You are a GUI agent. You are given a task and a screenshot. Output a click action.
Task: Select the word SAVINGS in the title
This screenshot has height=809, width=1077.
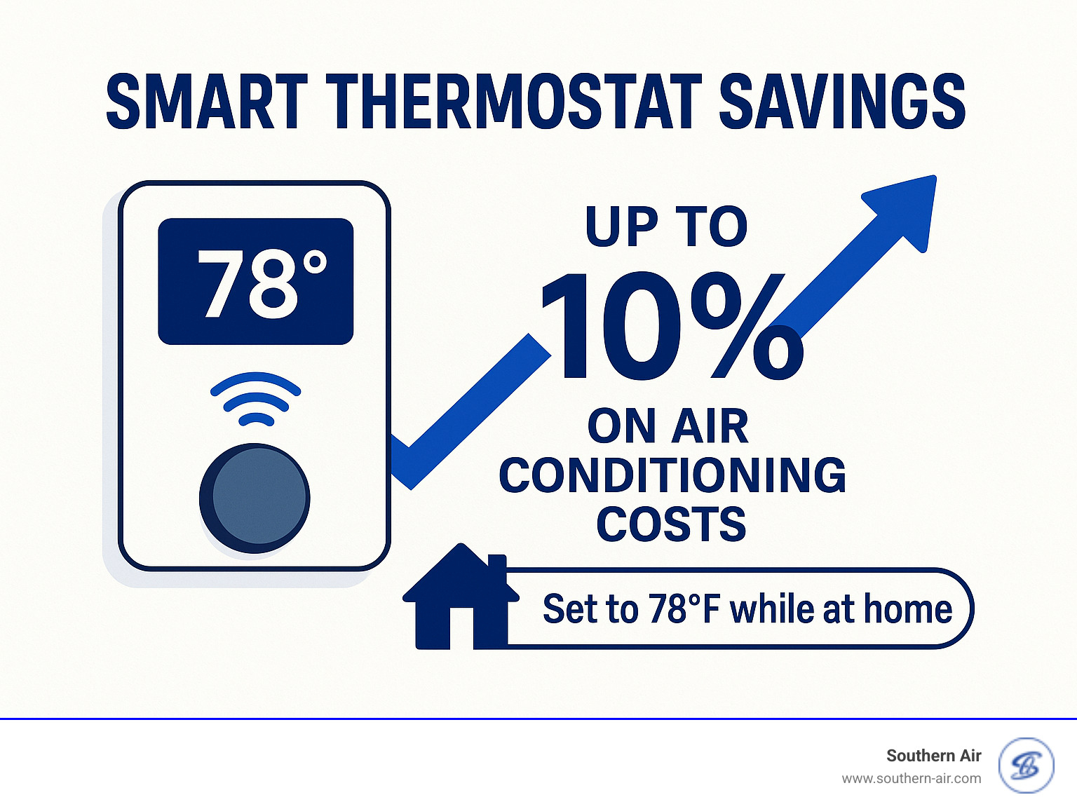pyautogui.click(x=842, y=103)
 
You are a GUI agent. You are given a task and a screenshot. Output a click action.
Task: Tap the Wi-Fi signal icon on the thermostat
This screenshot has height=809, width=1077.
pyautogui.click(x=256, y=400)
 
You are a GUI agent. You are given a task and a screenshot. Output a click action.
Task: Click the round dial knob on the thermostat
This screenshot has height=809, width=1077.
pyautogui.click(x=255, y=498)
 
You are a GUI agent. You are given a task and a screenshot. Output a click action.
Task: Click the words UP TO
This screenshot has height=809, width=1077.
pyautogui.click(x=667, y=226)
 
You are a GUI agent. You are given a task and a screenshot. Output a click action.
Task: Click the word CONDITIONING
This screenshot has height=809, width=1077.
pyautogui.click(x=672, y=475)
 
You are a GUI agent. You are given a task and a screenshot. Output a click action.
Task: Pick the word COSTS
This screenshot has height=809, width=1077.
pyautogui.click(x=671, y=524)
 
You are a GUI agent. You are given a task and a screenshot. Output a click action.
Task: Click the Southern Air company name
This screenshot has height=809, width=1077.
pyautogui.click(x=933, y=755)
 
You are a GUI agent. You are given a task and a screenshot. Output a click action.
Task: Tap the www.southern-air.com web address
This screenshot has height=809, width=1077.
pyautogui.click(x=911, y=778)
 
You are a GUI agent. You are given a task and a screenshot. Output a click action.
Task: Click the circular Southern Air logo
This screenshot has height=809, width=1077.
pyautogui.click(x=1027, y=766)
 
